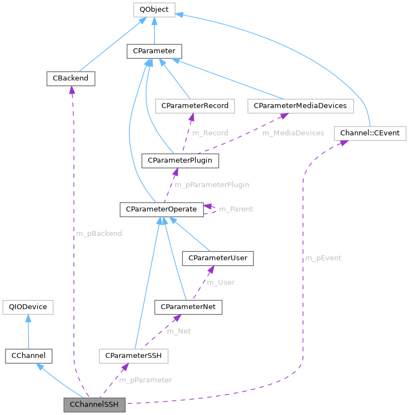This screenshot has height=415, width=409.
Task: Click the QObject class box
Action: pyautogui.click(x=154, y=9)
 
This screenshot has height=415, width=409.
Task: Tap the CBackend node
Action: pyautogui.click(x=70, y=79)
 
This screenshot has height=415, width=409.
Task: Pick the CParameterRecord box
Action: pyautogui.click(x=195, y=105)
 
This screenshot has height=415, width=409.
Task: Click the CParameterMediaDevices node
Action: pyautogui.click(x=300, y=105)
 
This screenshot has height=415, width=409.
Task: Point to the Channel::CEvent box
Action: pyautogui.click(x=370, y=133)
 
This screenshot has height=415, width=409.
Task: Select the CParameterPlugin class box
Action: pyautogui.click(x=181, y=160)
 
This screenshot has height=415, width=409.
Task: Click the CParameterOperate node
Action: pyautogui.click(x=161, y=209)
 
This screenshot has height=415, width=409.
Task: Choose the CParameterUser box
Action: pyautogui.click(x=218, y=258)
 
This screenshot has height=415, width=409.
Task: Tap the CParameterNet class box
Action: pyautogui.click(x=188, y=307)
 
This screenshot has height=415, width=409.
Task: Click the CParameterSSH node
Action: pyautogui.click(x=133, y=356)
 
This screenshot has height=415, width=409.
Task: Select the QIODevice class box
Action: pyautogui.click(x=28, y=307)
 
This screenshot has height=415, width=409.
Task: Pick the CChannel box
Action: pyautogui.click(x=28, y=356)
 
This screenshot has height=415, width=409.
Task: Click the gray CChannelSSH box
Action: pyautogui.click(x=94, y=405)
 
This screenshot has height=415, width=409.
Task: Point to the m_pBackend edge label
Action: pyautogui.click(x=99, y=234)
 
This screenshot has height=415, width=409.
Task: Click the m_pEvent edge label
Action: pyautogui.click(x=323, y=258)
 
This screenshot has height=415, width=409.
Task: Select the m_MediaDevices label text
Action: pyautogui.click(x=293, y=133)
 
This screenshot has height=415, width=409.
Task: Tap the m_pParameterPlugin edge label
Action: pyautogui.click(x=212, y=185)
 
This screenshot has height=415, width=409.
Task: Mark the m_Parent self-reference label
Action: pyautogui.click(x=236, y=209)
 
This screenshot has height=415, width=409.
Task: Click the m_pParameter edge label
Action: pyautogui.click(x=145, y=380)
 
